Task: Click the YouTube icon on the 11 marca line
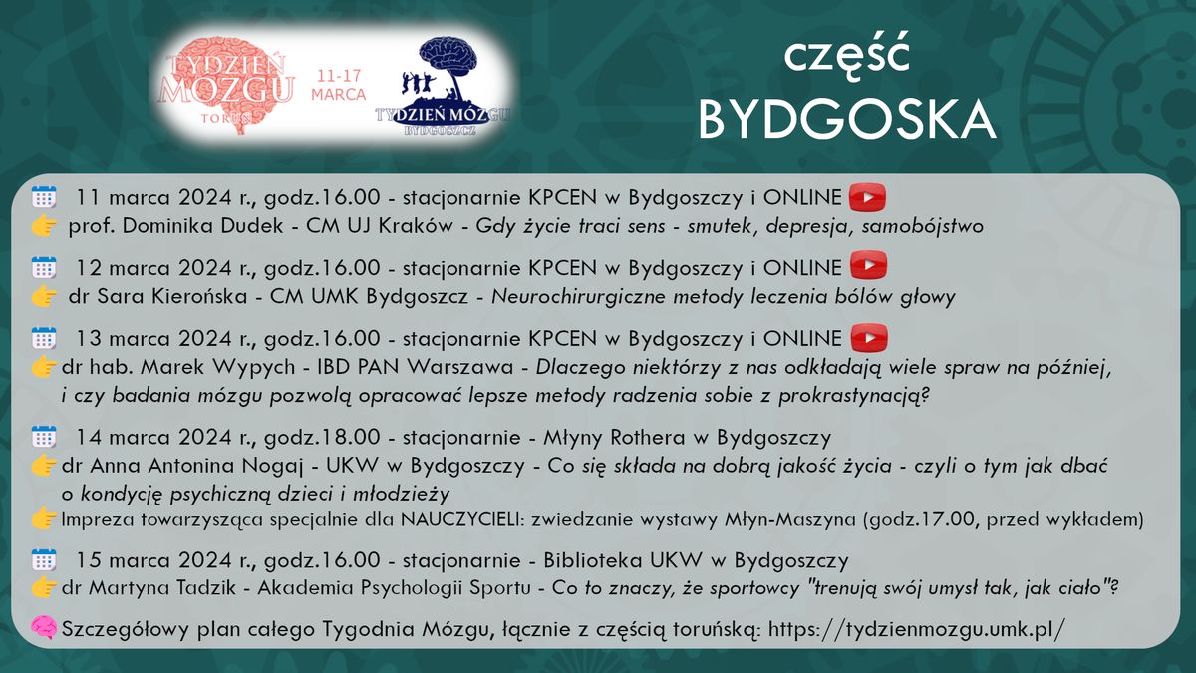point(867,197)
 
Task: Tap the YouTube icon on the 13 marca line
point(867,338)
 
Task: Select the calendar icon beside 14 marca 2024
point(44,437)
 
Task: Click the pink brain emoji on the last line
point(44,628)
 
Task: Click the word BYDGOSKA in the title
point(847,120)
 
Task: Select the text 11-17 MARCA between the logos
point(337,86)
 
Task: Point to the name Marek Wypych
point(205,367)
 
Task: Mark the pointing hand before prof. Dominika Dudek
point(44,226)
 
